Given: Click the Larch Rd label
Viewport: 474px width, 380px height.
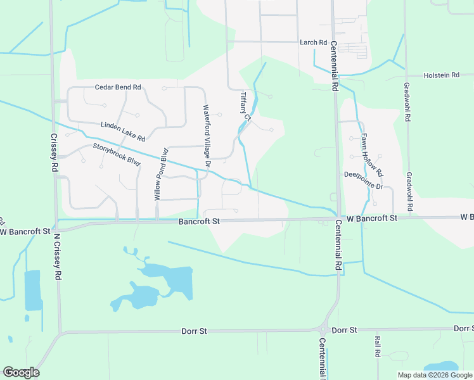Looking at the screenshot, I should pos(313,42).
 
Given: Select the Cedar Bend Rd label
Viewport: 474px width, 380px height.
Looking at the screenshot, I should pos(117,87).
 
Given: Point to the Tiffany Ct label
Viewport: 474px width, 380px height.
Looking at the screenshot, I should pos(246,106).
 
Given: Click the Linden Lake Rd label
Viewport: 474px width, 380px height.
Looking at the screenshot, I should pos(123,132).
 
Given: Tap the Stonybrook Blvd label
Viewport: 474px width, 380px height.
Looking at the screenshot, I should pos(116,154).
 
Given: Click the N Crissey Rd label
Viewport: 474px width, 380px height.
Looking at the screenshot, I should pos(57,256).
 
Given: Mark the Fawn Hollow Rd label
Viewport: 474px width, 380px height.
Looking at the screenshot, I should pos(372,155).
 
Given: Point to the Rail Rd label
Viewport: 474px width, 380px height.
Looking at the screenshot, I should pos(377,347).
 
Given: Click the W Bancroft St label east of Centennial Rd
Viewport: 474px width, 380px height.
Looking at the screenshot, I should pos(371,218).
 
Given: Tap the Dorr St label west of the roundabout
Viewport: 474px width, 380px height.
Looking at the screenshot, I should pos(195,331).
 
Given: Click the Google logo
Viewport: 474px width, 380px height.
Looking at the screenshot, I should pos(21,372).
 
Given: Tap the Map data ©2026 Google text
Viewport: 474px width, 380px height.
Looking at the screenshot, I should pos(435,375).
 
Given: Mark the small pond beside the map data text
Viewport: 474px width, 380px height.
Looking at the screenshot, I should pos(442,367).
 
